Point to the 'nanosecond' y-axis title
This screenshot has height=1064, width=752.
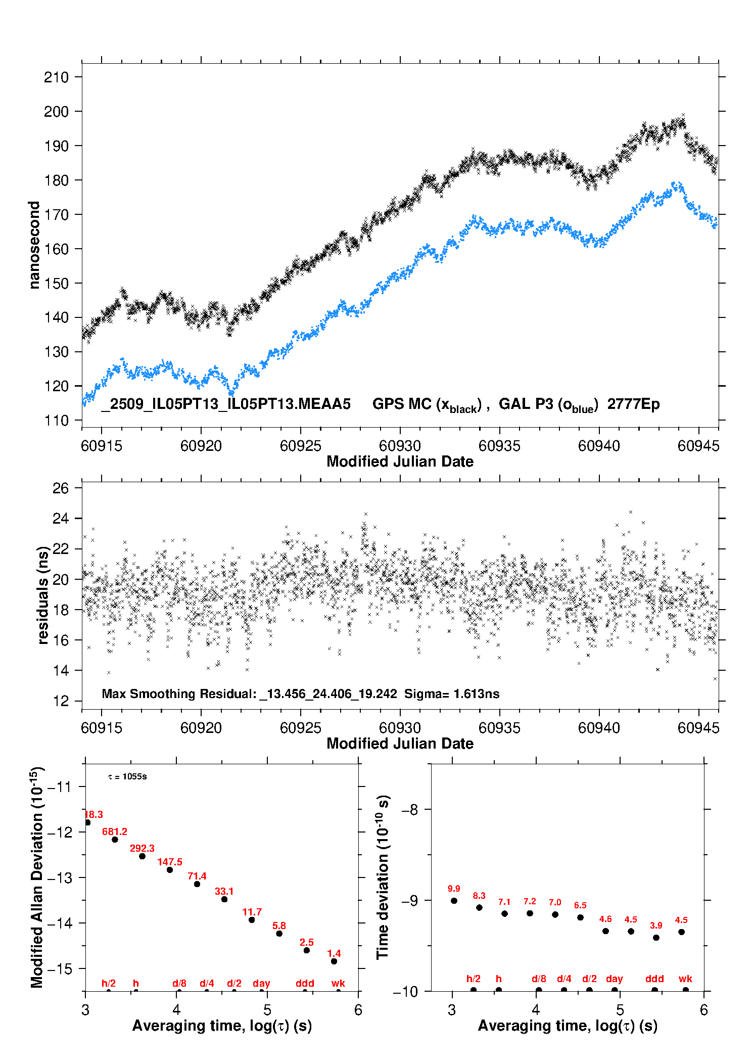[34, 245]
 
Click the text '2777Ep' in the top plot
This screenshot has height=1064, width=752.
[633, 404]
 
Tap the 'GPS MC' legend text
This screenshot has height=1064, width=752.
[402, 404]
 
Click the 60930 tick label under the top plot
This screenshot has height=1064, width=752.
[400, 446]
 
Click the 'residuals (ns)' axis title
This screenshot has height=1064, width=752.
[43, 595]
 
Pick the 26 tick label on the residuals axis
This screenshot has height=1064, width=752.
[61, 488]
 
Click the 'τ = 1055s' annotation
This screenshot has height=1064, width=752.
[127, 776]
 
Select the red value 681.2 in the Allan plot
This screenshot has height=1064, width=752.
[115, 831]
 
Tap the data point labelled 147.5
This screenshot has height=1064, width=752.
[170, 870]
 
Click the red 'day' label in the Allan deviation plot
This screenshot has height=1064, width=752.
[261, 983]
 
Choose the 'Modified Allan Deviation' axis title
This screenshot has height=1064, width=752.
[37, 877]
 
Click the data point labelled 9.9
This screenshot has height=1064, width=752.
[454, 901]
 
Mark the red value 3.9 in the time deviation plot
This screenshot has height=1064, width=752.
[656, 926]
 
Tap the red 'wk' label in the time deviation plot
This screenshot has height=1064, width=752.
[685, 979]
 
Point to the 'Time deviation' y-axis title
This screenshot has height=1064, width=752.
[383, 877]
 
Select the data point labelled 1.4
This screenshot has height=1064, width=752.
[334, 961]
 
